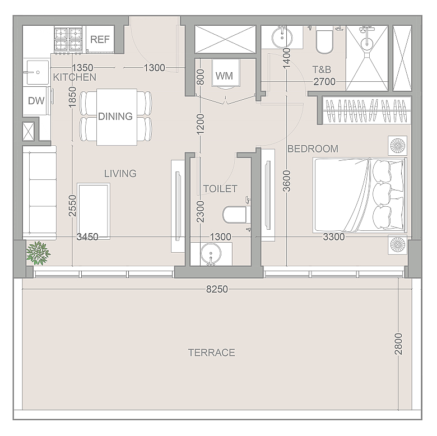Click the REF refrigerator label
[100, 39]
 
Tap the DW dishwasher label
[36, 101]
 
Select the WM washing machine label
[224, 76]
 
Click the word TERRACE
[212, 352]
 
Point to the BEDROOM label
[313, 149]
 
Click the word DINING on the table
[115, 116]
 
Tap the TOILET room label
[220, 189]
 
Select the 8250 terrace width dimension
[217, 289]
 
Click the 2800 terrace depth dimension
[398, 344]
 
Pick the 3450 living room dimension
[87, 237]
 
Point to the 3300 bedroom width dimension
[334, 237]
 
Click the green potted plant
[38, 253]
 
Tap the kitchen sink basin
[38, 72]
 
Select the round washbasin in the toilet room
[211, 253]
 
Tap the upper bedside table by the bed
[397, 146]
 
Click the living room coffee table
[94, 211]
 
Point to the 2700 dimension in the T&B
[324, 82]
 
